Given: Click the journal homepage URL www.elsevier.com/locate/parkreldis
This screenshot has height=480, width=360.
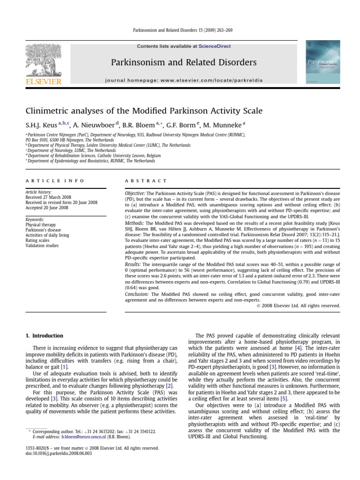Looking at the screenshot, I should (219, 80).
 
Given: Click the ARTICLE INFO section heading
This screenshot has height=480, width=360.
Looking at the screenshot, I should (55, 180).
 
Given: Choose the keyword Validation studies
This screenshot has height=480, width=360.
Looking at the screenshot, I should (43, 245).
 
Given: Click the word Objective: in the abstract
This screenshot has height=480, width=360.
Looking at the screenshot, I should (135, 193).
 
